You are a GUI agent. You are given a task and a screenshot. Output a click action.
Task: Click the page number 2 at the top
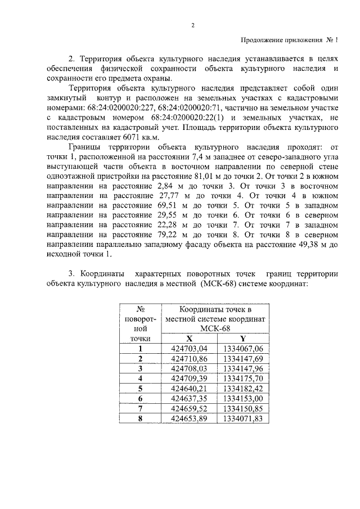(x=192, y=25)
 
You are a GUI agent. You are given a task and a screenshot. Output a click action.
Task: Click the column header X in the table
(x=189, y=339)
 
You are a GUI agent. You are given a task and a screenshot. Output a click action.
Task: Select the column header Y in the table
(x=242, y=339)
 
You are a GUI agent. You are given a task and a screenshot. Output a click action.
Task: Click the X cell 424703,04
(x=189, y=349)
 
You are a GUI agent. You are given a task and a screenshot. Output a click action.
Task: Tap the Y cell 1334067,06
(x=242, y=349)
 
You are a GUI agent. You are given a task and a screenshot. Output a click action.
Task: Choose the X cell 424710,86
(x=189, y=358)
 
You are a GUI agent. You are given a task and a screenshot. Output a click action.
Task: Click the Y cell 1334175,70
(x=242, y=379)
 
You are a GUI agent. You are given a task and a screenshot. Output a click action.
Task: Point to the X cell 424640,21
(x=189, y=389)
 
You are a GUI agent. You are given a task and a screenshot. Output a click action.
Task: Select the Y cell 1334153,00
(x=242, y=399)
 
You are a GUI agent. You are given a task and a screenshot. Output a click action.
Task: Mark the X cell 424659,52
(x=189, y=408)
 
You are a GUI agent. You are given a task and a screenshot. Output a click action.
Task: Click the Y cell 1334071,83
(x=242, y=418)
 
